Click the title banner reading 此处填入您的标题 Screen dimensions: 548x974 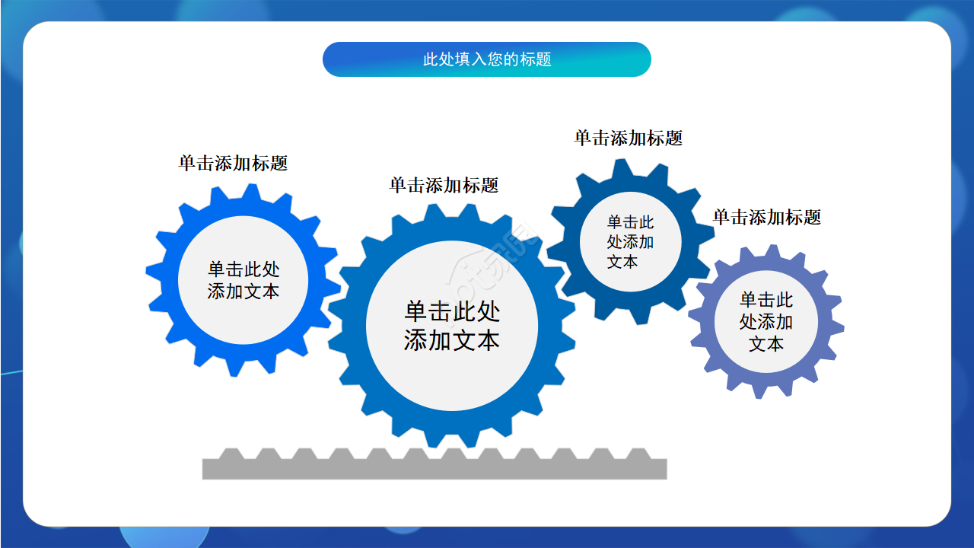pyautogui.click(x=487, y=59)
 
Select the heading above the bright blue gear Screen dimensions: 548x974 pyautogui.click(x=233, y=163)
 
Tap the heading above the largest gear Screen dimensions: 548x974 pyautogui.click(x=444, y=185)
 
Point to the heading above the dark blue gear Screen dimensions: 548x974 pyautogui.click(x=628, y=138)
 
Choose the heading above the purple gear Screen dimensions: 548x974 pyautogui.click(x=766, y=217)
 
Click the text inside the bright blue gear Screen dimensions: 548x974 pyautogui.click(x=243, y=280)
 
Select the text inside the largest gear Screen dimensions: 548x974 pyautogui.click(x=452, y=326)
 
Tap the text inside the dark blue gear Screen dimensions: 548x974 pyautogui.click(x=630, y=242)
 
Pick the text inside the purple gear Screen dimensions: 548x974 pyautogui.click(x=766, y=322)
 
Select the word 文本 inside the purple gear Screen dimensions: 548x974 pyautogui.click(x=766, y=344)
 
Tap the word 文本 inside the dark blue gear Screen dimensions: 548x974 pyautogui.click(x=622, y=262)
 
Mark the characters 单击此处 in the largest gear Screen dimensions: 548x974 pyautogui.click(x=452, y=311)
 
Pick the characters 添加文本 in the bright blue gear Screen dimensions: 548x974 pyautogui.click(x=243, y=292)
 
